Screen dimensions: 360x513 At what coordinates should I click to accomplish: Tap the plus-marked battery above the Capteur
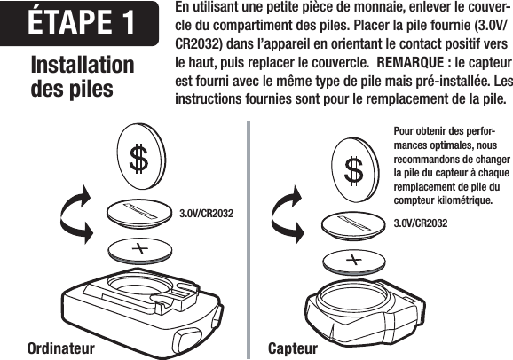[x=353, y=260]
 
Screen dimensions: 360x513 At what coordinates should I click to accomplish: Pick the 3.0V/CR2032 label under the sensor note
[x=420, y=222]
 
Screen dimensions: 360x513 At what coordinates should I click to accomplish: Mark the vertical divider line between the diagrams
[x=249, y=239]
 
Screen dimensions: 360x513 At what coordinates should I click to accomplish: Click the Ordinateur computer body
[x=133, y=306]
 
